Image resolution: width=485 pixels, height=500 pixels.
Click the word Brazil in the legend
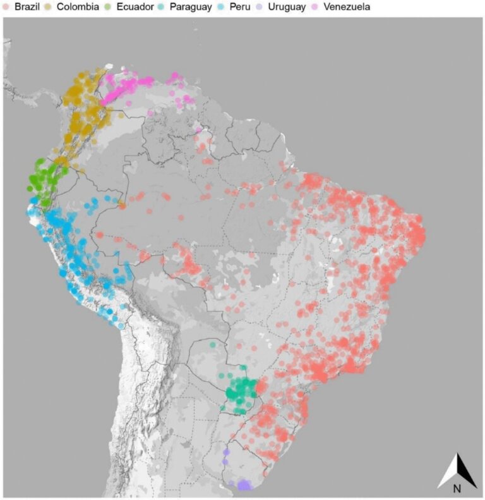27,7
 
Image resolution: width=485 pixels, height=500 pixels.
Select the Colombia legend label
78,7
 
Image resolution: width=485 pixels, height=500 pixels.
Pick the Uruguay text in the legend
286,7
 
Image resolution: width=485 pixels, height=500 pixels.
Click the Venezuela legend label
346,7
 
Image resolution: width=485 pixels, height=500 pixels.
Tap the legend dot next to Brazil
6,7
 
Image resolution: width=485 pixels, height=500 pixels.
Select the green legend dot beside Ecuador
108,7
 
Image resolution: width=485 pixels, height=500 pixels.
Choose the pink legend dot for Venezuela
314,7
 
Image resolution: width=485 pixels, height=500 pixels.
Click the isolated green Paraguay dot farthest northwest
213,345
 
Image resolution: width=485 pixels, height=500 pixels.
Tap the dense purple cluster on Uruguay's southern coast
243,485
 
